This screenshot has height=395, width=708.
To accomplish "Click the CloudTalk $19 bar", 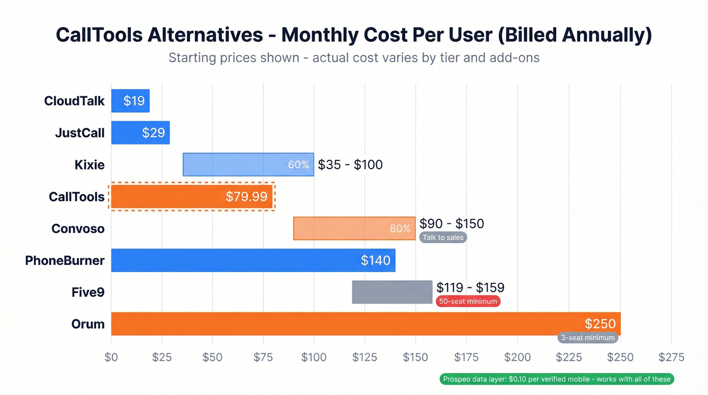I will click(130, 101).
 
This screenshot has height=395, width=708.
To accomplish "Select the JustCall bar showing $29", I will click(140, 133).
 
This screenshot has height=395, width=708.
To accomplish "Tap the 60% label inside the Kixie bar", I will click(298, 165).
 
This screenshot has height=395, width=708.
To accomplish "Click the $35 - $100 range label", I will click(350, 164).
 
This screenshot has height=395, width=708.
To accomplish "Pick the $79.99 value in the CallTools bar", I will click(246, 197).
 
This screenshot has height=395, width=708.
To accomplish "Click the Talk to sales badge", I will click(443, 237).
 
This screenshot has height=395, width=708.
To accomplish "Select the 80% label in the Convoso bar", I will click(400, 229).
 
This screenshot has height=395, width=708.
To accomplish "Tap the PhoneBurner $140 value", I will click(375, 260).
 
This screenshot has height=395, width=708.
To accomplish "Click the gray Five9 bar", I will click(392, 292).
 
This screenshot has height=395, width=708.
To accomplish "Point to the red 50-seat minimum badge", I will click(468, 301).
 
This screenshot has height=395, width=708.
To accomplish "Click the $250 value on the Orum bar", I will click(600, 324).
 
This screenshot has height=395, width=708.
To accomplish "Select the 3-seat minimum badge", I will click(588, 337).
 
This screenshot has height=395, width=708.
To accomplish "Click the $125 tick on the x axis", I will click(365, 357).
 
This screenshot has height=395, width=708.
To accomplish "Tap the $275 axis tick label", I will click(671, 357).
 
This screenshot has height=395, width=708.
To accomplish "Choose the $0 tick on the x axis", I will click(111, 357).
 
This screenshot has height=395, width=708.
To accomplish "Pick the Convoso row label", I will click(78, 229).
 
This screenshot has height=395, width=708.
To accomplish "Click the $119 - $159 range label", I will click(470, 288).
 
